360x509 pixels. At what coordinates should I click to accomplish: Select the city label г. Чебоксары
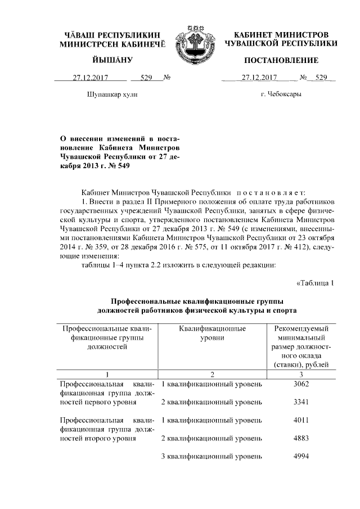pyautogui.click(x=281, y=94)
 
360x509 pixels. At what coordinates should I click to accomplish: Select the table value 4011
pyautogui.click(x=302, y=420)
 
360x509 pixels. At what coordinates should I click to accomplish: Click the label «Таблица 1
pyautogui.click(x=315, y=283)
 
